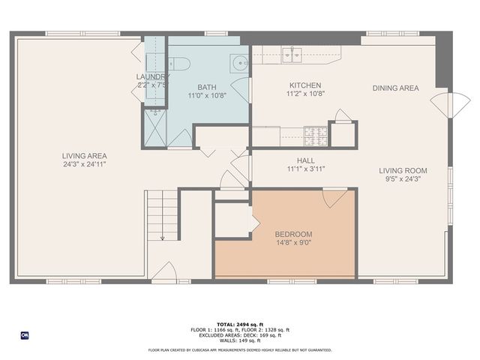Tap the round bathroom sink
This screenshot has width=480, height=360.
point(238,63)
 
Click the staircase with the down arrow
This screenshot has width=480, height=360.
point(162,214)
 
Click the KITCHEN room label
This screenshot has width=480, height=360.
point(304,85)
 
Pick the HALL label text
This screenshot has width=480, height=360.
point(305,160)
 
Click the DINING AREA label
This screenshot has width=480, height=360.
point(395,88)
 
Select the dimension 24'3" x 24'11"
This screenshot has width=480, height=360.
point(83,165)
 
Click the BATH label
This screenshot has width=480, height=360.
point(207,87)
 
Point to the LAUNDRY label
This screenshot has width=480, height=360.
point(151,76)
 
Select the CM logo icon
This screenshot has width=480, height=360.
point(25,335)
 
